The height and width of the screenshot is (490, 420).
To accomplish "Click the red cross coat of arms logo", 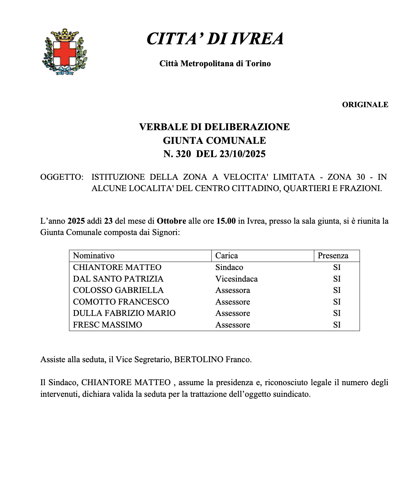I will pos(65,52).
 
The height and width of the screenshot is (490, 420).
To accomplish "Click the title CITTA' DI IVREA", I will pos(215,39).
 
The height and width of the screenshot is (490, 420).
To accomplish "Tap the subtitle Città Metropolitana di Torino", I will pos(215,64).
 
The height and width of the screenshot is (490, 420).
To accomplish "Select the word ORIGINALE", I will pos(365,105).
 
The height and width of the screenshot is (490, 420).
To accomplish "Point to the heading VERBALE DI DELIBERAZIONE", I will pos(214,127).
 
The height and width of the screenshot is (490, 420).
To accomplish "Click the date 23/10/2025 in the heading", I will pos(242,154).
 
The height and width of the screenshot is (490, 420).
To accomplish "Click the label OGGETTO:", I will pos(62,177).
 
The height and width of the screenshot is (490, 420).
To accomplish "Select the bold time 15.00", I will pos(226,221).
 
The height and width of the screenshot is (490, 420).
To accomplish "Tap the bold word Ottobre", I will pos(171,221).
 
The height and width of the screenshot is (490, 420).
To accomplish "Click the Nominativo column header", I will pos(94,256).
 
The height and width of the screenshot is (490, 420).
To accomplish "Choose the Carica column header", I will pos(226,256).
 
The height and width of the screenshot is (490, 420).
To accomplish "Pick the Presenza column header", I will pos(333,256).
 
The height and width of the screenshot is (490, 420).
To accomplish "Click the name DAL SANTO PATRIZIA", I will pos(118,279).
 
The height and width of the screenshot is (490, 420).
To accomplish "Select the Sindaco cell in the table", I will pos(229,267).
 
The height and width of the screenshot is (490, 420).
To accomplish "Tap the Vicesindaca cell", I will pos(236,279).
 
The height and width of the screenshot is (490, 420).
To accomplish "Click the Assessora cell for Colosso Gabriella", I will pos(232,290).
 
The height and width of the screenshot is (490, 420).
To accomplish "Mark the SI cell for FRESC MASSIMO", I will pos(337,325).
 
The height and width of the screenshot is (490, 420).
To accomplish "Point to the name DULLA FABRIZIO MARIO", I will pos(124,313).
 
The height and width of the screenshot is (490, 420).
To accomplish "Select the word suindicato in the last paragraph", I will pos(291,394).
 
